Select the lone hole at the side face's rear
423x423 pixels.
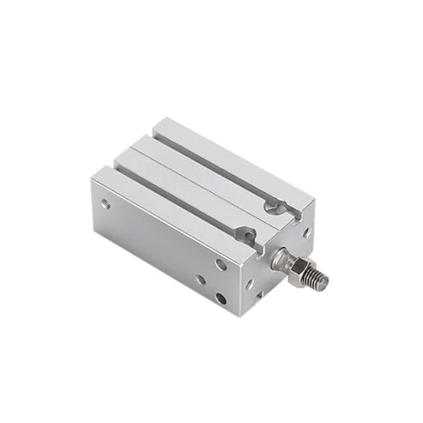[x=105, y=203]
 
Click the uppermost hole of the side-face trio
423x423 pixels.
[x=220, y=265]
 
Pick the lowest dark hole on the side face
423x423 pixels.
[x=220, y=298]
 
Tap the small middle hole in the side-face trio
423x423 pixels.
[x=201, y=279]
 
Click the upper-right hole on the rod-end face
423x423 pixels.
[x=305, y=230]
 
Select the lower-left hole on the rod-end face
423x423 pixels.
[x=249, y=284]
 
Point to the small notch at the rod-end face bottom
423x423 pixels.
[x=260, y=295]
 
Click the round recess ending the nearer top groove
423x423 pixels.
[x=248, y=238]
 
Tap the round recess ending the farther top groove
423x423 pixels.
[x=272, y=205]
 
